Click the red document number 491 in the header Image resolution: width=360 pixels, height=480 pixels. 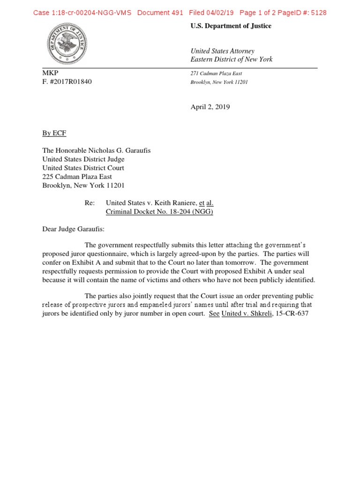tap(177, 13)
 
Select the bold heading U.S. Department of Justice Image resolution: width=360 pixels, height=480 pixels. tap(231, 26)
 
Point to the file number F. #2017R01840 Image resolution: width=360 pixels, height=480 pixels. tap(67, 82)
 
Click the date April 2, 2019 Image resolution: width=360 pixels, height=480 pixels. tap(210, 107)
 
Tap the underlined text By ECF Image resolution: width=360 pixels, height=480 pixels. tap(54, 134)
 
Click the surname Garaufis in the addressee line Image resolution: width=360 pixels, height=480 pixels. tap(135, 151)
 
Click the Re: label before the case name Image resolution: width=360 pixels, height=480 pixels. tap(90, 203)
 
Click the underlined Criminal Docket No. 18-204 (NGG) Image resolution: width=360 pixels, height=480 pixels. tap(160, 211)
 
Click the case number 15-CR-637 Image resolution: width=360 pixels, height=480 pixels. tap(292, 314)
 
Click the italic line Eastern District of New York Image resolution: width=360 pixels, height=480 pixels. tap(231, 60)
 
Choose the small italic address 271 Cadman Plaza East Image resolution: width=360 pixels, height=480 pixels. tap(216, 74)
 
